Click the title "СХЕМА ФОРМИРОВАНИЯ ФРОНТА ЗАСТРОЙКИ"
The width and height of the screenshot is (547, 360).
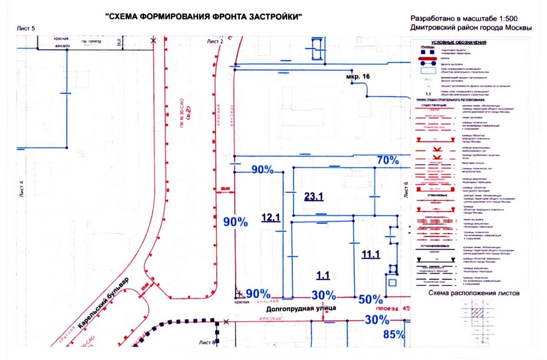[204, 17]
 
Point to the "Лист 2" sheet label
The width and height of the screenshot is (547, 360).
[215, 41]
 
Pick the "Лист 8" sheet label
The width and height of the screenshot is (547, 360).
[207, 342]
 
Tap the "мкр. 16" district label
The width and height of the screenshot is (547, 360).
[358, 76]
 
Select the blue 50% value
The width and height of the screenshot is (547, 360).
[371, 299]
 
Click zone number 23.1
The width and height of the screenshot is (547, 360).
[314, 197]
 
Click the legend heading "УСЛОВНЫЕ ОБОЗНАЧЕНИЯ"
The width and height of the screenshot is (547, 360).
[455, 43]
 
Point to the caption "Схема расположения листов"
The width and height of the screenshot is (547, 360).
[474, 293]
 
